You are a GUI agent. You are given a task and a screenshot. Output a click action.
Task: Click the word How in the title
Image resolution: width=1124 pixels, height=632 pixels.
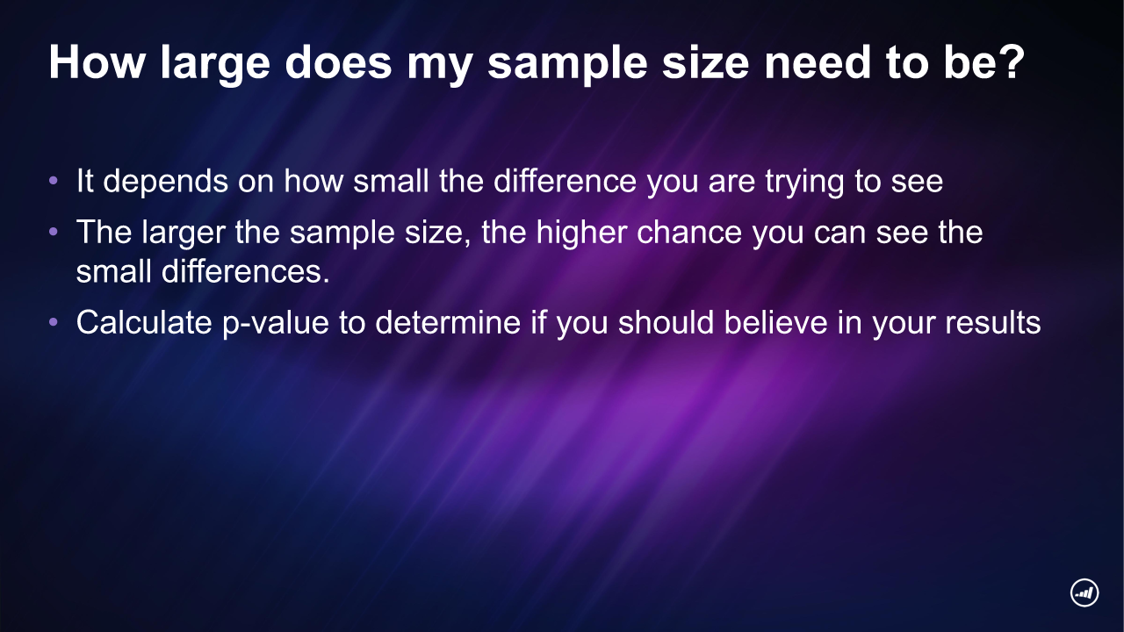pos(97,62)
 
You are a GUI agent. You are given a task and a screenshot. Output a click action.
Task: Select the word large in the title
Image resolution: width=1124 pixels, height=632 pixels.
pos(215,65)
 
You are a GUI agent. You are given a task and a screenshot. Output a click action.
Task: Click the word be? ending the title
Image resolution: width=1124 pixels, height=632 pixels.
pos(984,61)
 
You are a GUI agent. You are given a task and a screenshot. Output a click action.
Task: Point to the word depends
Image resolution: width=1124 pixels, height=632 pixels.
pos(166,183)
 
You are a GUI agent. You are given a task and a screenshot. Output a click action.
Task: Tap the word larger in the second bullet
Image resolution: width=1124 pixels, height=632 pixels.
pos(184,233)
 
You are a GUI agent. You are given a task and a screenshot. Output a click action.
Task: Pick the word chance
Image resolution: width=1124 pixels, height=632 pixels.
pos(689,232)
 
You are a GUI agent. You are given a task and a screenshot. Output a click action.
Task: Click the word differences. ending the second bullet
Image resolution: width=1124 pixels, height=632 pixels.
pos(245,271)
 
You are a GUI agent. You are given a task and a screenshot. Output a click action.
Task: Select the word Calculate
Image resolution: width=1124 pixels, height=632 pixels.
pos(144,322)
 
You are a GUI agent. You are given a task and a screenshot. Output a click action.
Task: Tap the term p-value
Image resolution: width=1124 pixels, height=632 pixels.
pos(276,324)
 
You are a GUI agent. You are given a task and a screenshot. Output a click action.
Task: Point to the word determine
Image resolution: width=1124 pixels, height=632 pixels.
pos(448,322)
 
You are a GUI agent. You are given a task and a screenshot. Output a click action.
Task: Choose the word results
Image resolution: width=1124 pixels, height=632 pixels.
pos(993,322)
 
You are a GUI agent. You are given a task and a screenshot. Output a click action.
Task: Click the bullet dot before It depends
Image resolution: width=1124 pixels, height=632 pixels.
pos(54,181)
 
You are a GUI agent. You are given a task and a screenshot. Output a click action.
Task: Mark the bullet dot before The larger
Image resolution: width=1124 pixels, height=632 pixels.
pos(54,232)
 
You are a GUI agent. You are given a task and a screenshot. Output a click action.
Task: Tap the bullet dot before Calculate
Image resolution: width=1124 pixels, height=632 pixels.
pos(54,322)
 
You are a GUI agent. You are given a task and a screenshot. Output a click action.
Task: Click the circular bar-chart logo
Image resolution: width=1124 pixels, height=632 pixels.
pos(1084,592)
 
